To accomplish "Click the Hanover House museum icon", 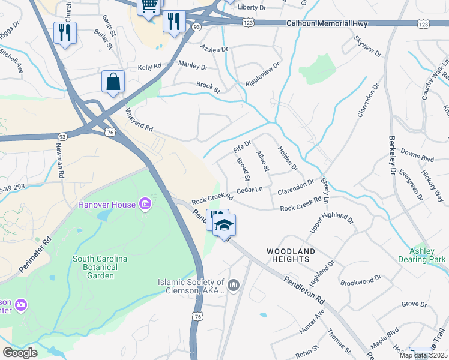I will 145,205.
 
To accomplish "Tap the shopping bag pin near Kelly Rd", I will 113,82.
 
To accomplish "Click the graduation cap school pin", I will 224,225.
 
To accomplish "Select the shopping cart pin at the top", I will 149,6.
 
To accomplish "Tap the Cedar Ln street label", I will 250,190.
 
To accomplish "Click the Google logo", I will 20,352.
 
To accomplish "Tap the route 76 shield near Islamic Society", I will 197,316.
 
